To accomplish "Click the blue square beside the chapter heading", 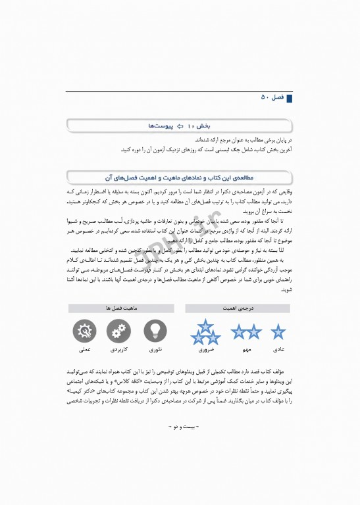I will pos(288,97).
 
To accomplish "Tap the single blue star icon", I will pos(279,331).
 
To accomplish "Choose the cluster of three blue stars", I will pos(205,331).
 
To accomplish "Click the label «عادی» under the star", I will pos(279,349).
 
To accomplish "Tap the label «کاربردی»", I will pos(117,350).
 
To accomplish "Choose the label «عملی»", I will pos(83,350).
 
